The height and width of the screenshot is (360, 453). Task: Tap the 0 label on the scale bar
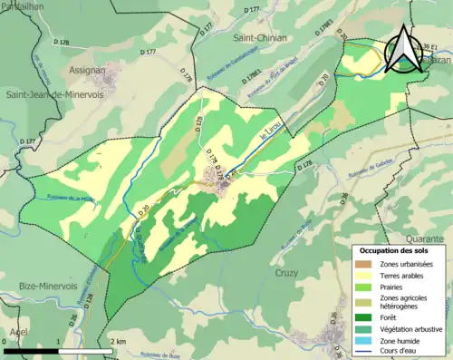tap(5, 341)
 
